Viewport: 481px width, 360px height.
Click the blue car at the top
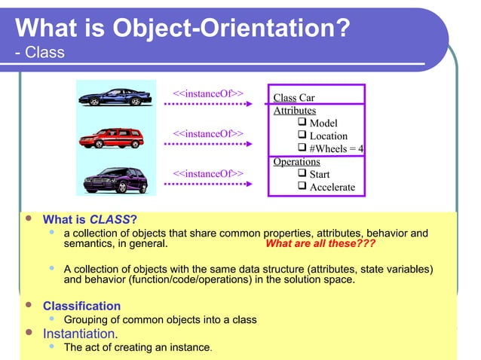tap(115, 97)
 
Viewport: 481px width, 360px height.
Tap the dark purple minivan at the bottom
tap(114, 180)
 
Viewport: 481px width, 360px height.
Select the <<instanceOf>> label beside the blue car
tap(208, 94)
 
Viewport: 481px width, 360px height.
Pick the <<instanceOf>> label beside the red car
tap(208, 133)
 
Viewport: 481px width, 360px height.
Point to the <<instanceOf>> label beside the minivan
tap(208, 174)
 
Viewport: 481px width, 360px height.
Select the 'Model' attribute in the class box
tap(323, 124)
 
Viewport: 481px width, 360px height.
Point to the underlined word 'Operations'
tap(296, 162)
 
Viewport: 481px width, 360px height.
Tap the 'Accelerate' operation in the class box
tap(332, 188)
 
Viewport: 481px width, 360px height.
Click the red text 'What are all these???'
tap(320, 244)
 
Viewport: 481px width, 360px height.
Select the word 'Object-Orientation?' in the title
tap(231, 29)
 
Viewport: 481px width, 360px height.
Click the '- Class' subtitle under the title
tap(39, 53)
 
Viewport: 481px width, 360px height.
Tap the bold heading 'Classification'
tap(81, 306)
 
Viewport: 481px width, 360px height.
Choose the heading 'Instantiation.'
tap(80, 333)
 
